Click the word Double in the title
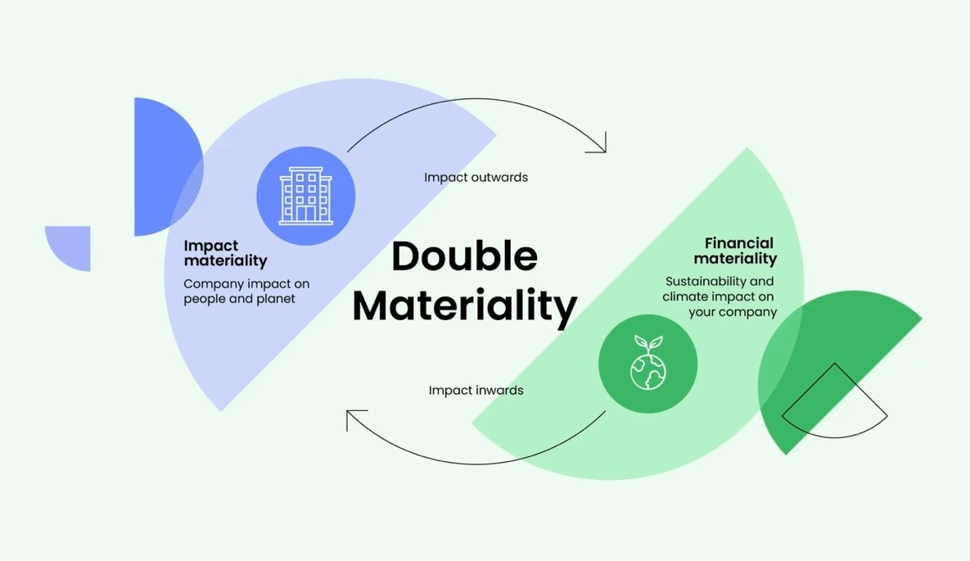464,256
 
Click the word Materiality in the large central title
464,305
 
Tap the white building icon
305,196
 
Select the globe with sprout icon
647,363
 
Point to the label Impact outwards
476,177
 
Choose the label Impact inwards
476,390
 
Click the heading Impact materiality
225,253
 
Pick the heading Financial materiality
735,251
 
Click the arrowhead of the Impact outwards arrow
602,147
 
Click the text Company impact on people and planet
246,292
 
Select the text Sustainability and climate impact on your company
720,296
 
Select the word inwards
499,390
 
